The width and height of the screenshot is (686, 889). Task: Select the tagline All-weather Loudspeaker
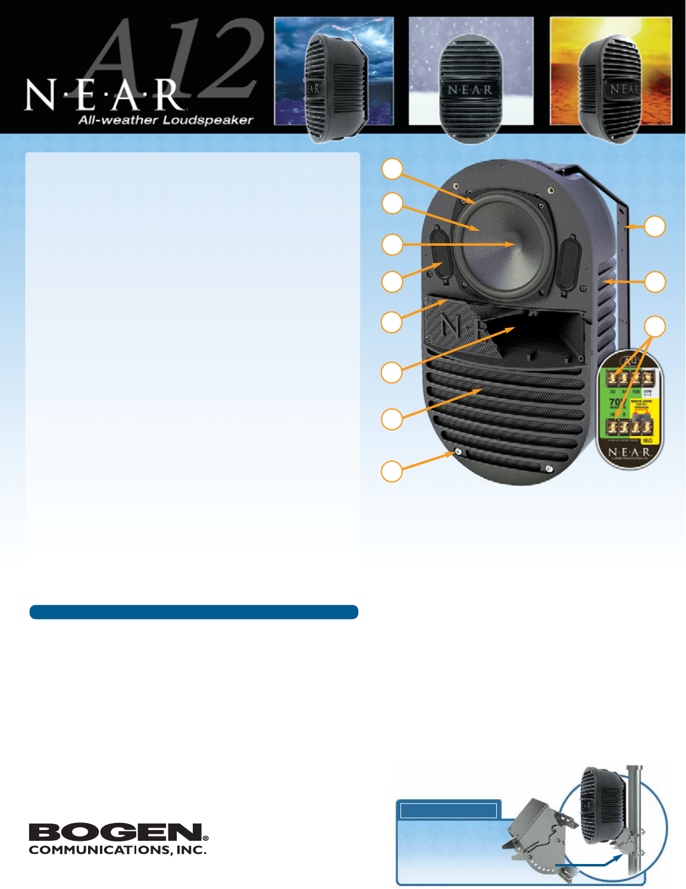(x=166, y=120)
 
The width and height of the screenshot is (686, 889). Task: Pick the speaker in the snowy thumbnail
(x=470, y=89)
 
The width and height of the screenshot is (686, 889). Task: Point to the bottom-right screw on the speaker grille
(x=549, y=469)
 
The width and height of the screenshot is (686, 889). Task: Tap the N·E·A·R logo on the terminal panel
(x=629, y=452)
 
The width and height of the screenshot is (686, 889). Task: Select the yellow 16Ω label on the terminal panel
(x=647, y=441)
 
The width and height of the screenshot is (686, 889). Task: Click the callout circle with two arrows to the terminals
(x=655, y=327)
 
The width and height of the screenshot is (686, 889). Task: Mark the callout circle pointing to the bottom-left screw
(x=391, y=471)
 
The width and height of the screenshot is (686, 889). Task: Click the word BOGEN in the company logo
(x=116, y=832)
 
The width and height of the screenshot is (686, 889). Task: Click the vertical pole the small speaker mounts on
(x=635, y=821)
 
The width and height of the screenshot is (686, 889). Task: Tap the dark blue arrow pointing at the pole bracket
(x=589, y=863)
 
